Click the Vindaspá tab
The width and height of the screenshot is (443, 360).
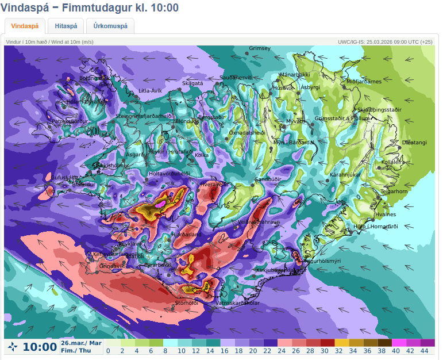[25, 26]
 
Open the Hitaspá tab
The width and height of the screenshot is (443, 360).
[66, 26]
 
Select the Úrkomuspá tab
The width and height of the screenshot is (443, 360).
[110, 26]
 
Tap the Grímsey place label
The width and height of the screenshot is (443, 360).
[260, 48]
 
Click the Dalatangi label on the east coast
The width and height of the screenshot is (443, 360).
[414, 142]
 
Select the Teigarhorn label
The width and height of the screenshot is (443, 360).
[394, 192]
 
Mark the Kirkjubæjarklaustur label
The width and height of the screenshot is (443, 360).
[280, 270]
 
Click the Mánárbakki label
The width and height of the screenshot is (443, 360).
[294, 75]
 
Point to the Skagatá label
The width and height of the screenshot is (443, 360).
[192, 83]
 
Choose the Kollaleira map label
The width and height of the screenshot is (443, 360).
[393, 162]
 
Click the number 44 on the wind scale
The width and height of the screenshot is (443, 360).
[425, 351]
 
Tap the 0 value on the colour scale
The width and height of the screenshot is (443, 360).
[108, 351]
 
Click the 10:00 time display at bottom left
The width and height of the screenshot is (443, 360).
[40, 347]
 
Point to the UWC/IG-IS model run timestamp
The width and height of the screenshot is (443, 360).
[384, 41]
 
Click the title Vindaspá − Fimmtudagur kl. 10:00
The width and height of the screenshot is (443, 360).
[90, 7]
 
